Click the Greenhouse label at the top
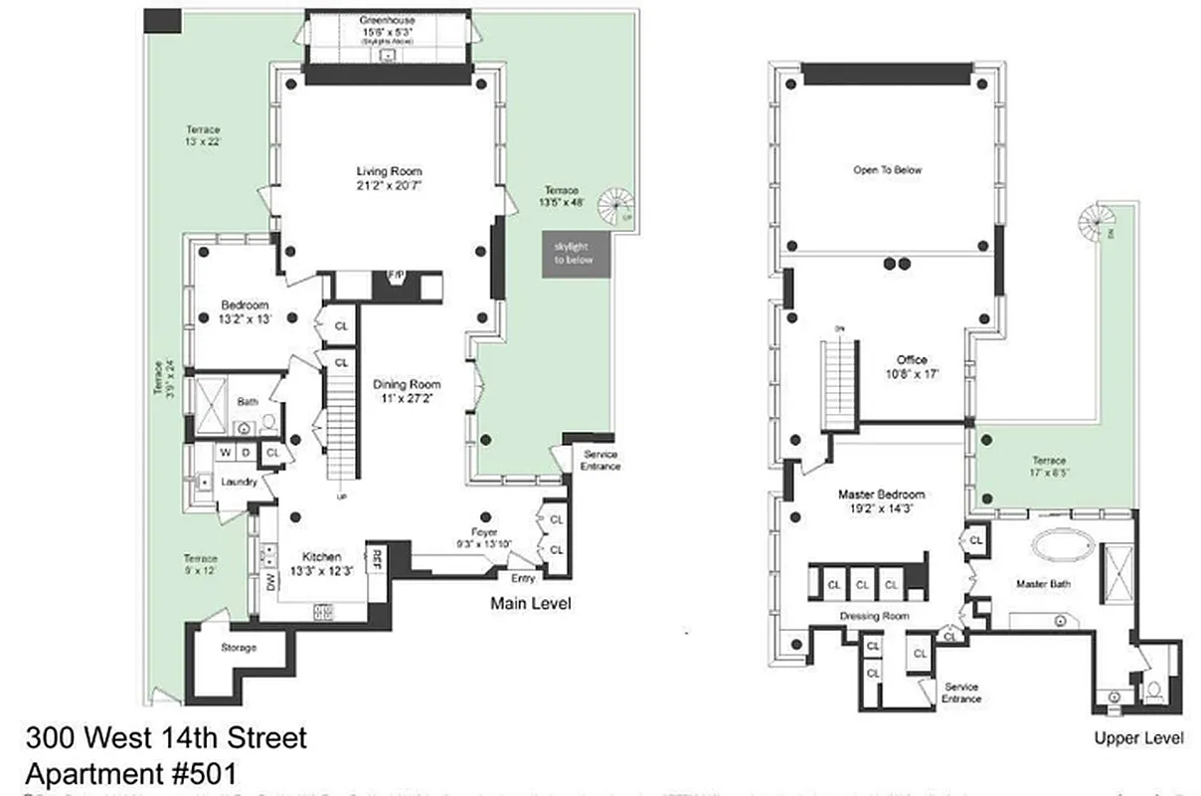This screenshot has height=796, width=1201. click(x=388, y=20)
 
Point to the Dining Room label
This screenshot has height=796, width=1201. click(x=406, y=385)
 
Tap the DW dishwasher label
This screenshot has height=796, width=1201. click(x=269, y=582)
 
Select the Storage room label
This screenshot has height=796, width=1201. click(x=239, y=648)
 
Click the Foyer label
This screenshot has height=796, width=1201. click(x=486, y=531)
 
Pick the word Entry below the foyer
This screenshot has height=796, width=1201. click(x=523, y=577)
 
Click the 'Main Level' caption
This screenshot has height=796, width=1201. click(x=531, y=604)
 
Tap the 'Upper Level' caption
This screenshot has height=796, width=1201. click(x=1138, y=738)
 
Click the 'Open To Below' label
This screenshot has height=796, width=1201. click(x=887, y=170)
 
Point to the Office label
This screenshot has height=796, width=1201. click(x=911, y=360)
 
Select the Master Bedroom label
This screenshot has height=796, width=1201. click(x=881, y=495)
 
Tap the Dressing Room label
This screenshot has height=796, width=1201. click(x=875, y=617)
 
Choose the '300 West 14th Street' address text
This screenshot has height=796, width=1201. click(x=166, y=738)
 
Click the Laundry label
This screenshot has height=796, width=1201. click(x=240, y=483)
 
